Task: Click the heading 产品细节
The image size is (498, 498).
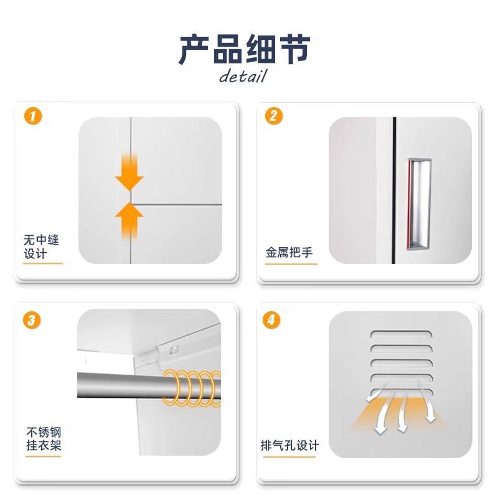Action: pyautogui.click(x=244, y=49)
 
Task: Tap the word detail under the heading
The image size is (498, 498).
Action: pyautogui.click(x=243, y=77)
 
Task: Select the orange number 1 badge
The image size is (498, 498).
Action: pyautogui.click(x=33, y=116)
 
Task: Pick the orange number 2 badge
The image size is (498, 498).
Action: pyautogui.click(x=274, y=116)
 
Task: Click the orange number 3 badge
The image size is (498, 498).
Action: pyautogui.click(x=32, y=320)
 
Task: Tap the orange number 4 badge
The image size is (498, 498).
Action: pyautogui.click(x=271, y=320)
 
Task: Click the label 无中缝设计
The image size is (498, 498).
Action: pyautogui.click(x=41, y=247)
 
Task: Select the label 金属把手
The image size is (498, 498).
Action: pyautogui.click(x=289, y=253)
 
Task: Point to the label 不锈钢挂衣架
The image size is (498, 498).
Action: pyautogui.click(x=44, y=439)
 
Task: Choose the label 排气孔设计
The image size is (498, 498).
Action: pyautogui.click(x=289, y=445)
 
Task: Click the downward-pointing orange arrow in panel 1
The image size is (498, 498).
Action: pyautogui.click(x=129, y=173)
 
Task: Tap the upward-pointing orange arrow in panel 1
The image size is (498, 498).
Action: pyautogui.click(x=129, y=222)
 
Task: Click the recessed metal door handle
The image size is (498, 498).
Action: pyautogui.click(x=419, y=205)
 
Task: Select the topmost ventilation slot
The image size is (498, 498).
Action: pyautogui.click(x=401, y=334)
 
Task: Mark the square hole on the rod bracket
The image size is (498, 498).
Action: pyautogui.click(x=174, y=350)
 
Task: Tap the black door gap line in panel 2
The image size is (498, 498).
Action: pyautogui.click(x=394, y=190)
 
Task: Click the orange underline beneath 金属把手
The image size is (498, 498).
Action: pyautogui.click(x=291, y=264)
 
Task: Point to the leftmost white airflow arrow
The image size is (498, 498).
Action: pyautogui.click(x=376, y=393)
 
